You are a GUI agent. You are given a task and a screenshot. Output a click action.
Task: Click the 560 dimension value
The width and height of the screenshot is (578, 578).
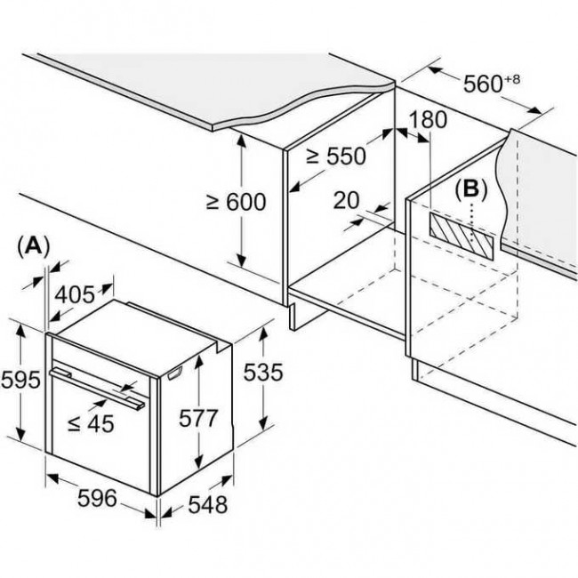pos(483,84)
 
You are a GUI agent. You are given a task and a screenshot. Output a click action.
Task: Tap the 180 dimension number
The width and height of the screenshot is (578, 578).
pos(428,119)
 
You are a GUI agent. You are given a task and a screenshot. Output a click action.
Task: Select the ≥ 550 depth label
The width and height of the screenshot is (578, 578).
pos(336,156)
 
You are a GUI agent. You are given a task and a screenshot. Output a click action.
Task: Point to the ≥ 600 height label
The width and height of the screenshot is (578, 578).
pos(237,202)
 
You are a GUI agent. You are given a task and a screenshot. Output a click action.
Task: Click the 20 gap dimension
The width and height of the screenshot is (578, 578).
pos(346,200)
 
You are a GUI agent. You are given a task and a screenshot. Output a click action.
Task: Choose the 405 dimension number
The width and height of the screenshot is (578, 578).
pos(75,295)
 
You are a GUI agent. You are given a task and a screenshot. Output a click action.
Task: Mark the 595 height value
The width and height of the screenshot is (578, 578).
pos(20,380)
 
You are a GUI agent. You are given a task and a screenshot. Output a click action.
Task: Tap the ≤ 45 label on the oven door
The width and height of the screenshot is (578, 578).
pos(91,423)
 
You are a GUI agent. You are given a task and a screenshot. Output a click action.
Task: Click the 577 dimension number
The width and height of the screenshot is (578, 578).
pos(198,418)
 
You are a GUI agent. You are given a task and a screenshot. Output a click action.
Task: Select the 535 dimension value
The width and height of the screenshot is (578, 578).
pos(263,372)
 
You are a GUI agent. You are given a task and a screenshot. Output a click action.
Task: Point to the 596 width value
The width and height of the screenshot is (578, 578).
pos(97,498)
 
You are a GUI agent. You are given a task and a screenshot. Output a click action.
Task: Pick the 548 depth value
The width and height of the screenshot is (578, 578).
pos(208,505)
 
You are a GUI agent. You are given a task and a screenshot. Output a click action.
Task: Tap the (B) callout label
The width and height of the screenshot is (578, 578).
pos(471,189)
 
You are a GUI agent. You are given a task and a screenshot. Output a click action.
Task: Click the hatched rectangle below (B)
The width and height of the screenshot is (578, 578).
pos(461,237)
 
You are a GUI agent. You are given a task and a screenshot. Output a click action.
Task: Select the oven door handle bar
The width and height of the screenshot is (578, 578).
pos(97,389)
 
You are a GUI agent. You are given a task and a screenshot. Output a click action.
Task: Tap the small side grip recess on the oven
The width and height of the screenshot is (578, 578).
pos(174,374)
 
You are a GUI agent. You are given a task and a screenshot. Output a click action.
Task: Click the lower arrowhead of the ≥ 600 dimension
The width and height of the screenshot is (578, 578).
pos(242,261)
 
